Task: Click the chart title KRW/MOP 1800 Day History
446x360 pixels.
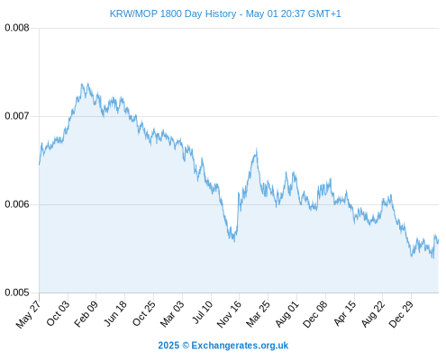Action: [173, 13]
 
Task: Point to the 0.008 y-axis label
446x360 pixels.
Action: [17, 28]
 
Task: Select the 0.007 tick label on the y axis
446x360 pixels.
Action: [17, 116]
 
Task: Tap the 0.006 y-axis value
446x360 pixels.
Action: [17, 204]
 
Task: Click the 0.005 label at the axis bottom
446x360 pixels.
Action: [17, 292]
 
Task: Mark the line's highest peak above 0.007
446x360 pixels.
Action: [88, 83]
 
